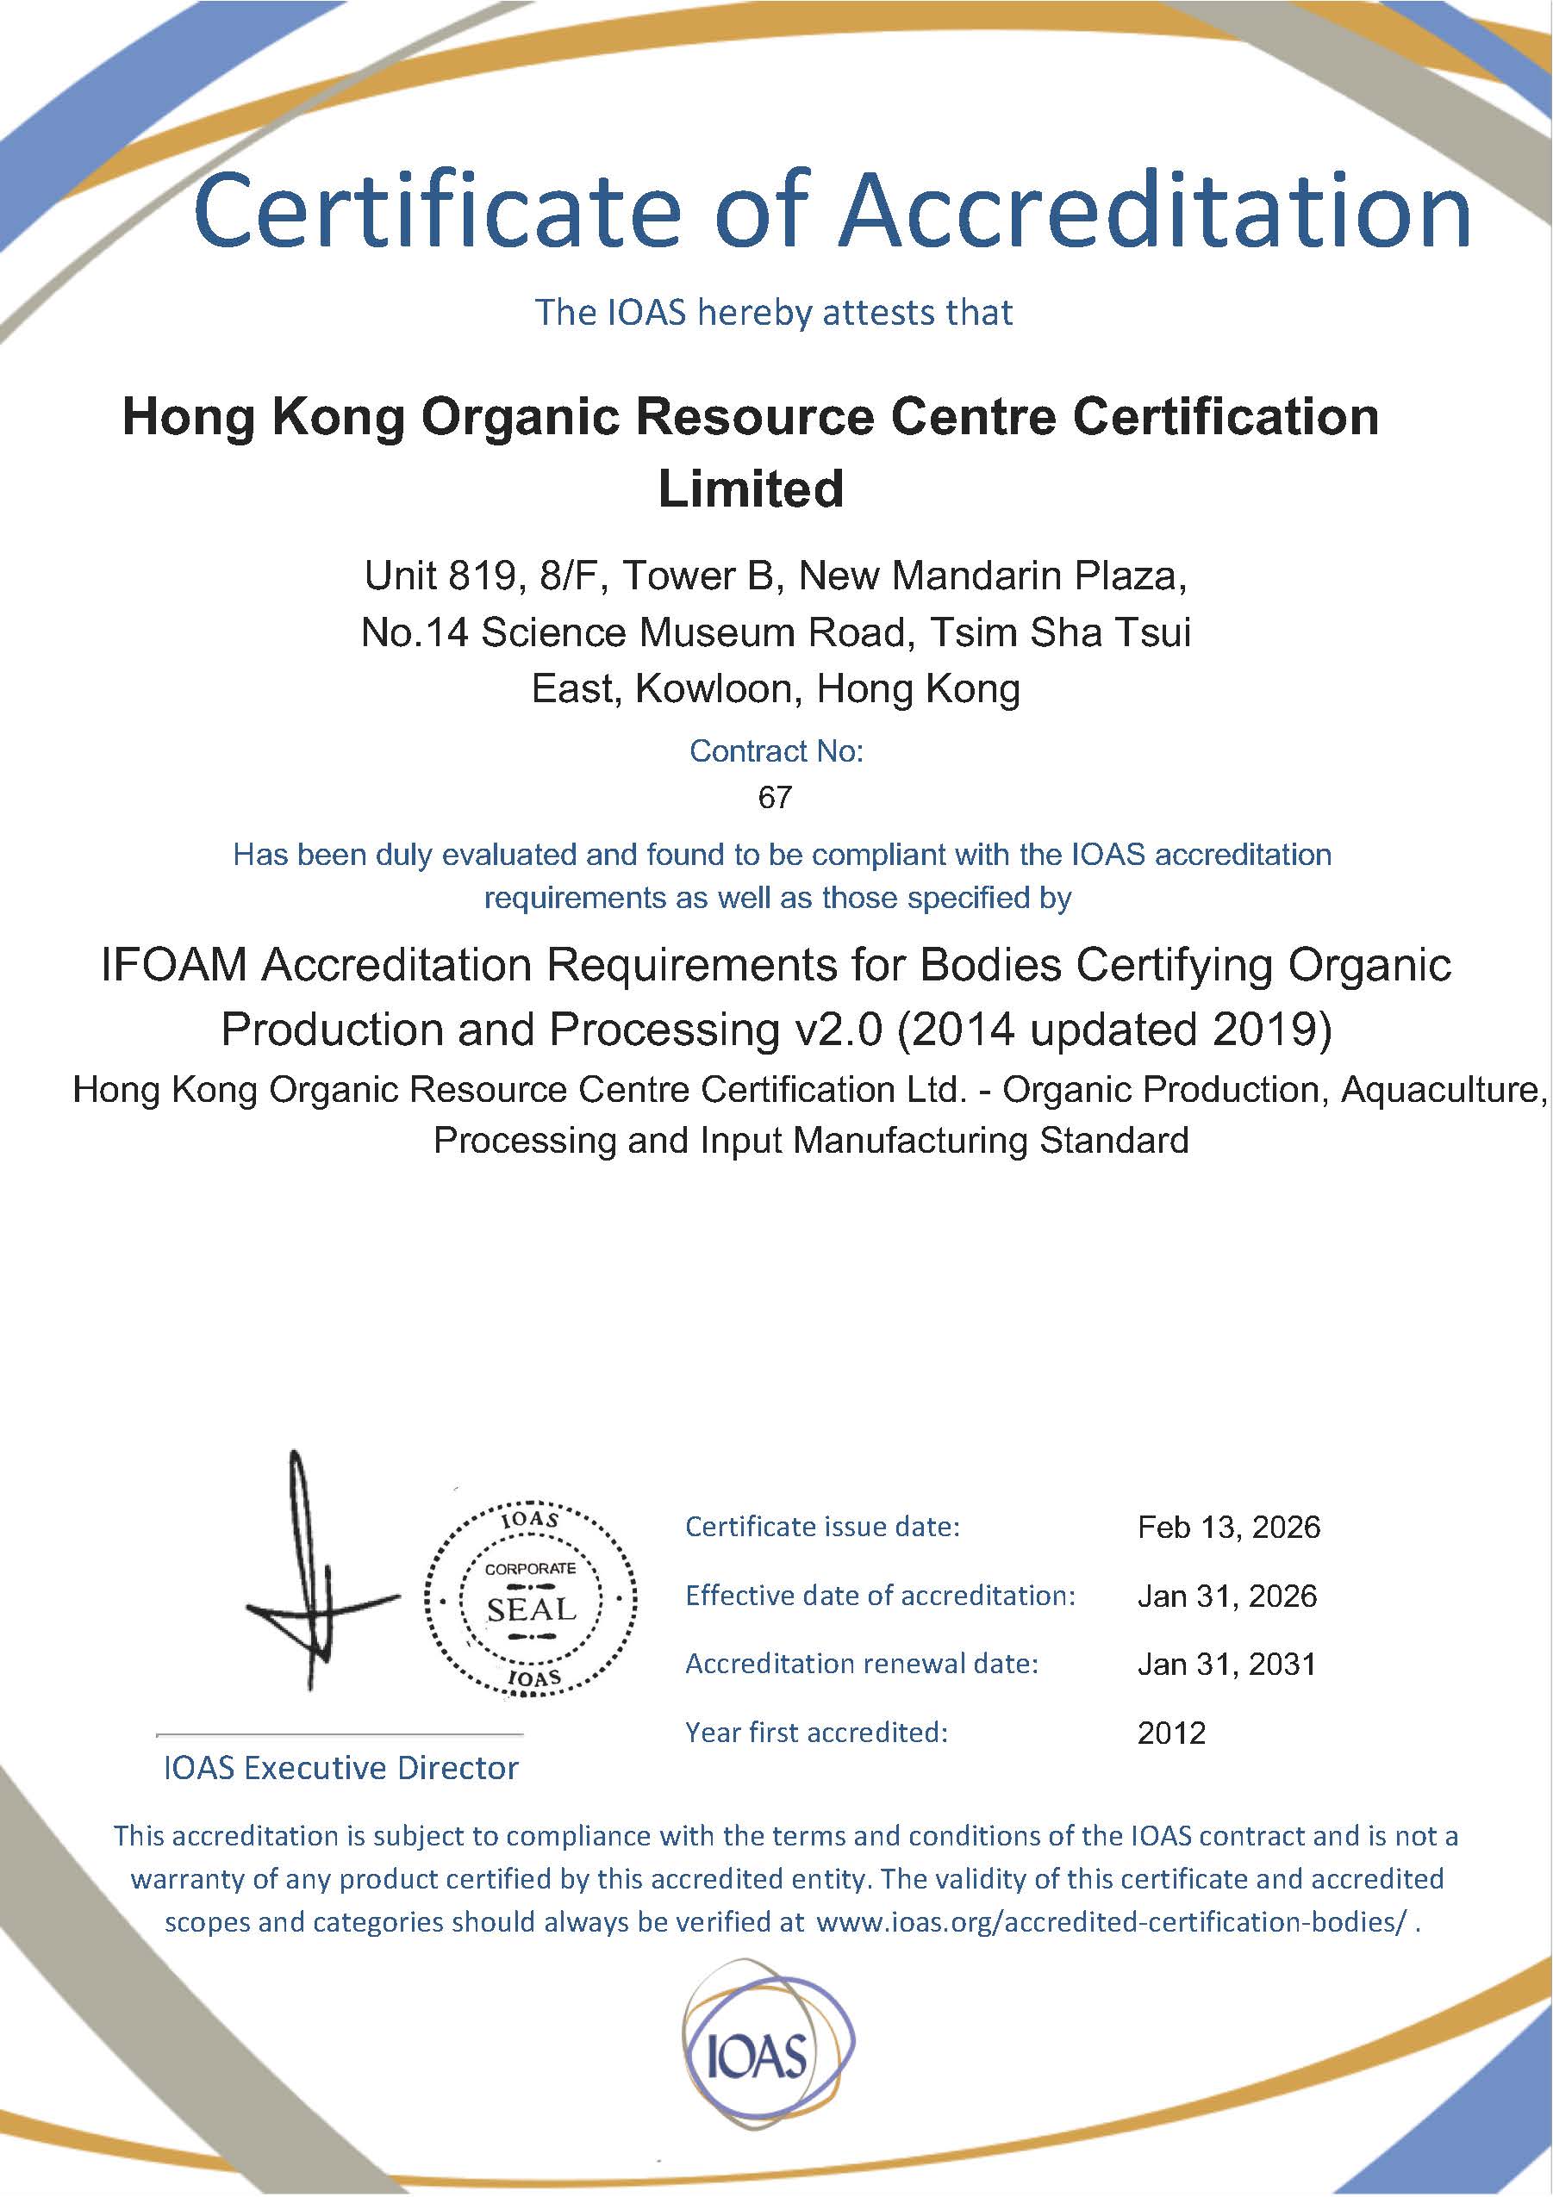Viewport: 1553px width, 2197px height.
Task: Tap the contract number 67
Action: tap(774, 797)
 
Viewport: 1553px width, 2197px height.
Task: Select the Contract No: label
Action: tap(776, 751)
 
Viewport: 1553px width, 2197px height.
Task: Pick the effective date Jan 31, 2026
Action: tap(1226, 1596)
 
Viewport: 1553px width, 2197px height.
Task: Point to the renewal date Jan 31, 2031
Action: tap(1226, 1664)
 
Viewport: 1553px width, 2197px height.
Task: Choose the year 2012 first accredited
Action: tap(1171, 1733)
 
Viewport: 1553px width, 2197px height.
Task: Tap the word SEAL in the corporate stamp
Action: tap(532, 1609)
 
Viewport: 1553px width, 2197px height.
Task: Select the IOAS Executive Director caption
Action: tap(340, 1768)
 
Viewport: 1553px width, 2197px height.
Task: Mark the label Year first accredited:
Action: tap(816, 1732)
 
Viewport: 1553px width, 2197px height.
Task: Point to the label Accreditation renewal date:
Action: tap(861, 1664)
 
